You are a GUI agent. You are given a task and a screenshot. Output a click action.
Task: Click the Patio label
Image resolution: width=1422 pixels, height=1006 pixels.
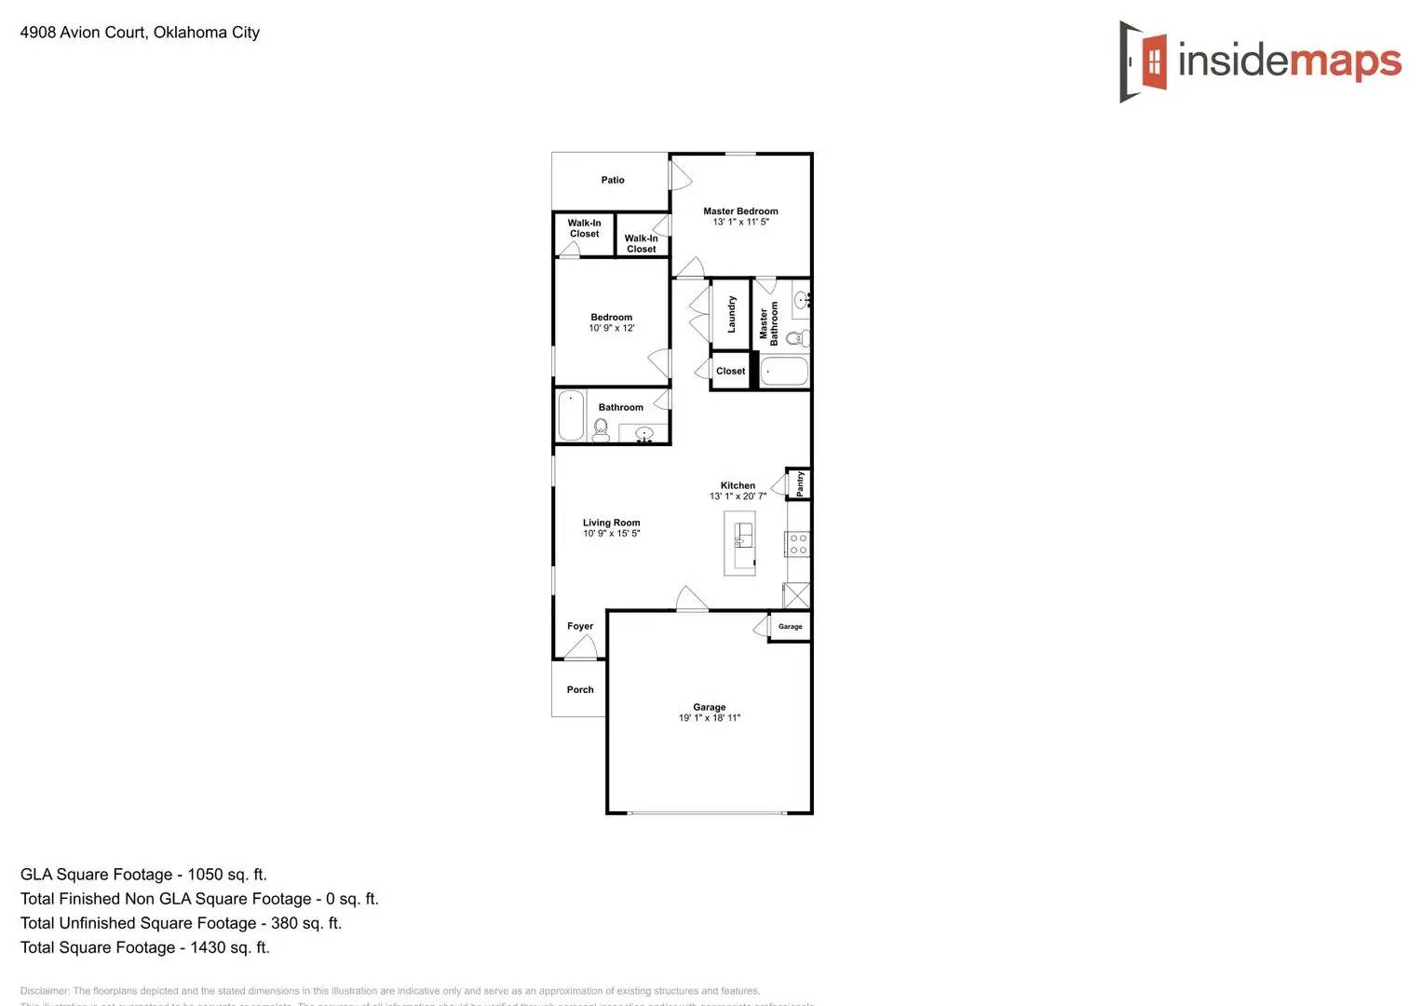[613, 180]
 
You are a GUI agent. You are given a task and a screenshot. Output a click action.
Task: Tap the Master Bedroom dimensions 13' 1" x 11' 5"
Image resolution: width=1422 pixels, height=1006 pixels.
[740, 223]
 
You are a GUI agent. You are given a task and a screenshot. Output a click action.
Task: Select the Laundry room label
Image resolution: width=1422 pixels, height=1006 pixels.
[731, 315]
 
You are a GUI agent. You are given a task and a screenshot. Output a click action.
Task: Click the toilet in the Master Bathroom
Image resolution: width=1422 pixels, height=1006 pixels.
[794, 338]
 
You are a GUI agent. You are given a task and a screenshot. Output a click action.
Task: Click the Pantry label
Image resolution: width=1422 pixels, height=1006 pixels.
[800, 483]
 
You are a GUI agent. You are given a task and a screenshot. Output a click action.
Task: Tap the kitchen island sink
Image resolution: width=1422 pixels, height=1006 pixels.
[742, 535]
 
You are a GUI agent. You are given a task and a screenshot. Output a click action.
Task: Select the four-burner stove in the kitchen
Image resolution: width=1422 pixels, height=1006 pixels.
[798, 544]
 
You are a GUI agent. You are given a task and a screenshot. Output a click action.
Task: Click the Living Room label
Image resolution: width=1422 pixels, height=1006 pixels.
[611, 523]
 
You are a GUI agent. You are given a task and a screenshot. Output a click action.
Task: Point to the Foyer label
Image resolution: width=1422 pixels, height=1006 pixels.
[580, 626]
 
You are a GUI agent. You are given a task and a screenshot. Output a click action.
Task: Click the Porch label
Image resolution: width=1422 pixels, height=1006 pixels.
[580, 689]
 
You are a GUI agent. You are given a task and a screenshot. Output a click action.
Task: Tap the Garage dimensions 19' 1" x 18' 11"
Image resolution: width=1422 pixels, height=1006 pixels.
[709, 718]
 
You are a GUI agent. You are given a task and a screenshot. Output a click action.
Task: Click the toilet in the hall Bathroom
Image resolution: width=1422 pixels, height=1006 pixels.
[601, 428]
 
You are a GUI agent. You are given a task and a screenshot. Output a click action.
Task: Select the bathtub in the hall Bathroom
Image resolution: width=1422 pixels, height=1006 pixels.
[571, 415]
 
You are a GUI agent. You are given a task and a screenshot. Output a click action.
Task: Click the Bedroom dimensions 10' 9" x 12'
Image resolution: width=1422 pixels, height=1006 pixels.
[611, 328]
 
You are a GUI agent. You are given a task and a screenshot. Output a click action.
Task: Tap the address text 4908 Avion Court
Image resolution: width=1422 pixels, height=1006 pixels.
[83, 33]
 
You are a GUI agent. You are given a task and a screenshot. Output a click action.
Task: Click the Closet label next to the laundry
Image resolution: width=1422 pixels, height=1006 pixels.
[730, 371]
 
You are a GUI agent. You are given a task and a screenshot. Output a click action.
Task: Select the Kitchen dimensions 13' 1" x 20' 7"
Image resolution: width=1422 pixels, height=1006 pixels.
[738, 496]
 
